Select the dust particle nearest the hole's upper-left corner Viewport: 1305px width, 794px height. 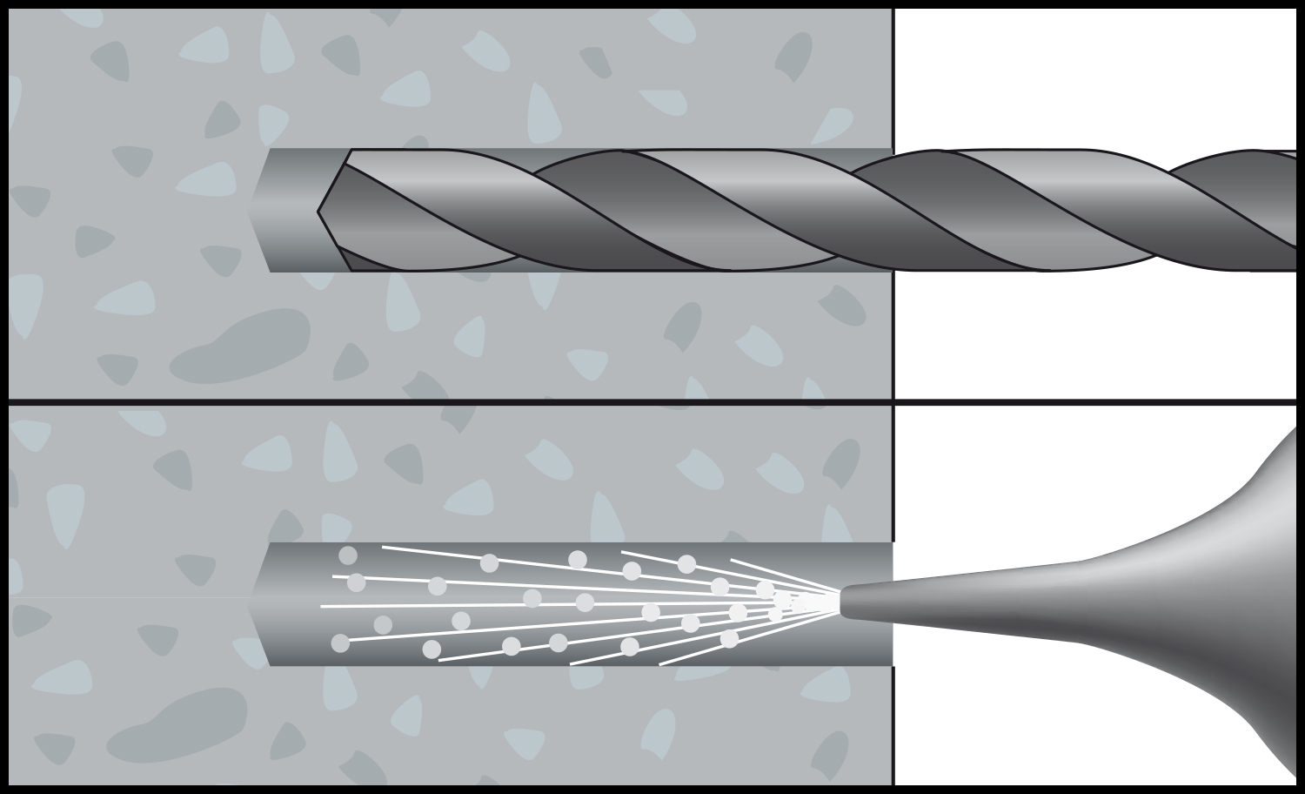tap(348, 555)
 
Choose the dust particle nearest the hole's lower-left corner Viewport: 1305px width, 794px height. tap(340, 643)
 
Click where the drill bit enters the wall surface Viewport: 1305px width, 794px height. tap(893, 210)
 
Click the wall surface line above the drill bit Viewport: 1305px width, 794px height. tap(893, 78)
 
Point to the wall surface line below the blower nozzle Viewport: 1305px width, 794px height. tap(893, 723)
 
